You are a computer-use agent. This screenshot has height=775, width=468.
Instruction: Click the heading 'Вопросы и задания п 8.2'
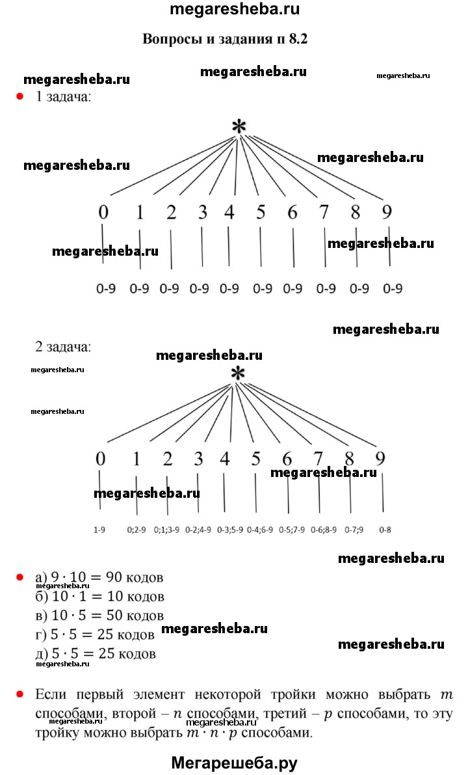224,39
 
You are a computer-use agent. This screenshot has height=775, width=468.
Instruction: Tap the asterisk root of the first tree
240,127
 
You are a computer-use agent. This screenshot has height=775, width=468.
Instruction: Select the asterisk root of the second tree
239,374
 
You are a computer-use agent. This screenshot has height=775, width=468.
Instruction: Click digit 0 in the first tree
104,212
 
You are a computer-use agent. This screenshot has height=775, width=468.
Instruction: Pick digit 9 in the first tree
387,212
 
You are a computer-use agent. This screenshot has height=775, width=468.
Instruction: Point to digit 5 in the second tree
256,459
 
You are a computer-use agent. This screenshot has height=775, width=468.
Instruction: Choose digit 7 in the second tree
318,459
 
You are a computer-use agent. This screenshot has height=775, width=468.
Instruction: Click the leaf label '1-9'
99,530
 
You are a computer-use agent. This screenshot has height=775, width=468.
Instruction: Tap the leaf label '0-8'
385,530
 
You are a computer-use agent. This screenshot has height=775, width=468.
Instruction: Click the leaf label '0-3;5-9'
230,530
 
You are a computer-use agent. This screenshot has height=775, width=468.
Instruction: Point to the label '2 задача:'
63,347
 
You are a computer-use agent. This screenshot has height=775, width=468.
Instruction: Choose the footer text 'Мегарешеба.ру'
234,763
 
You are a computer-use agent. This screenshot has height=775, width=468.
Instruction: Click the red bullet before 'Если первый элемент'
20,694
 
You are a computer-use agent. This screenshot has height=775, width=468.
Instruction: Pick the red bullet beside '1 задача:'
20,97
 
